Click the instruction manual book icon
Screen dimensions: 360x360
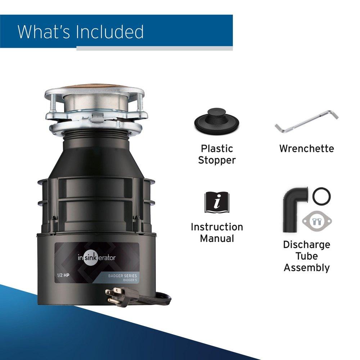217,202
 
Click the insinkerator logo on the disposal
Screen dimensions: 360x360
96,257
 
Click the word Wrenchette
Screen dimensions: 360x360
306,148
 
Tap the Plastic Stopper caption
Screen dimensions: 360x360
217,154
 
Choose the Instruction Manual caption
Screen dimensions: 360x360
217,233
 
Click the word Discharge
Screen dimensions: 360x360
306,245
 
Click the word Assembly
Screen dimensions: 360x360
306,268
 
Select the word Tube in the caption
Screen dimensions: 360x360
306,256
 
